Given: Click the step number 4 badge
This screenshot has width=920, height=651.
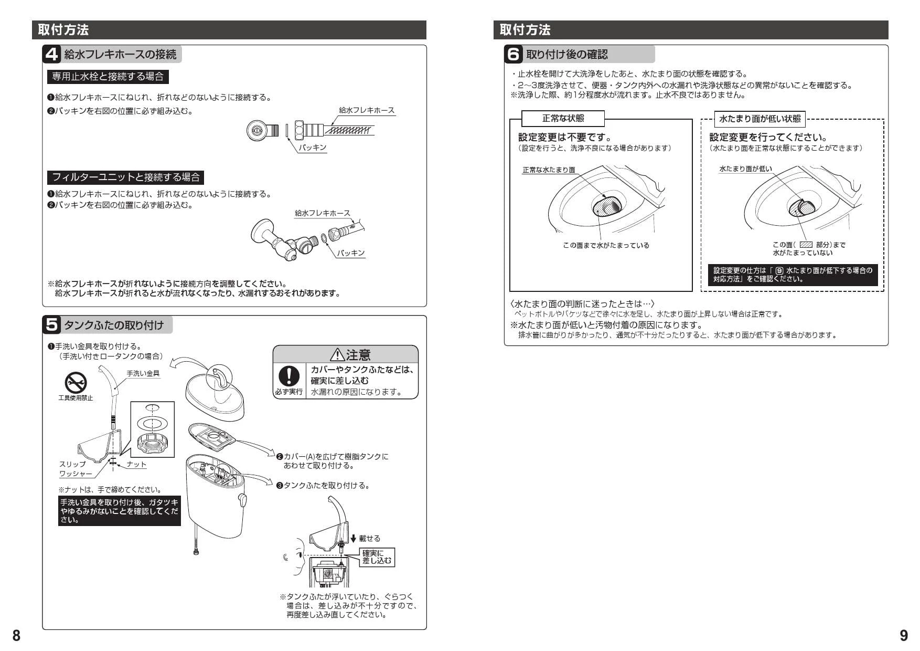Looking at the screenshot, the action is pyautogui.click(x=51, y=54).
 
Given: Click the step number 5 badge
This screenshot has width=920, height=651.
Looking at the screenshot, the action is pyautogui.click(x=51, y=325).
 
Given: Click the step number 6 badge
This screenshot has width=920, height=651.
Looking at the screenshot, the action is pyautogui.click(x=514, y=54).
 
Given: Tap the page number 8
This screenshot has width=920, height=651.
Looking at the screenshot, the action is pyautogui.click(x=16, y=635).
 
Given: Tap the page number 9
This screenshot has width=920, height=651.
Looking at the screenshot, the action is pyautogui.click(x=904, y=635).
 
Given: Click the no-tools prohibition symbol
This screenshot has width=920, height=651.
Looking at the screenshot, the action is pyautogui.click(x=76, y=383).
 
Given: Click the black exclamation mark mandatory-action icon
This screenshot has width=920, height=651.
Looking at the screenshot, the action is pyautogui.click(x=288, y=375).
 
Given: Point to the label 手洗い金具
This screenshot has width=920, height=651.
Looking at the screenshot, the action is pyautogui.click(x=143, y=373).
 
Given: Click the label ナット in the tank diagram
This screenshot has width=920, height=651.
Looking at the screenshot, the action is pyautogui.click(x=136, y=464).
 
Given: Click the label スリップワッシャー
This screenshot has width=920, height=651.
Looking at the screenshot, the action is pyautogui.click(x=76, y=469).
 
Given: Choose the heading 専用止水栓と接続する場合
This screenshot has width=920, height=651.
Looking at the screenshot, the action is pyautogui.click(x=108, y=77).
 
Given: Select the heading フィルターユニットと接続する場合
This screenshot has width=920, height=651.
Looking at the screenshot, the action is pyautogui.click(x=126, y=177).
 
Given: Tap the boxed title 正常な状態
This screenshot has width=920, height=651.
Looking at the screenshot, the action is pyautogui.click(x=563, y=119).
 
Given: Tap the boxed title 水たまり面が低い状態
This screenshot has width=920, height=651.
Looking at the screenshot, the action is pyautogui.click(x=759, y=119).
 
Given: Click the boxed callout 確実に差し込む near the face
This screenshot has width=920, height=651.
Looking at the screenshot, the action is pyautogui.click(x=377, y=557).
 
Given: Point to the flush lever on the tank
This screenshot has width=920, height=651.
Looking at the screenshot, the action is pyautogui.click(x=242, y=500).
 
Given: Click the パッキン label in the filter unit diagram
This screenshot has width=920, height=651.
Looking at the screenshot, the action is pyautogui.click(x=350, y=253).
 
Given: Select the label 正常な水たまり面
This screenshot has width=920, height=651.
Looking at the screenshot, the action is pyautogui.click(x=549, y=170).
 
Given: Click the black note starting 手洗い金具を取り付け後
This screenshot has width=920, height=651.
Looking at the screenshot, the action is pyautogui.click(x=120, y=511).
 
